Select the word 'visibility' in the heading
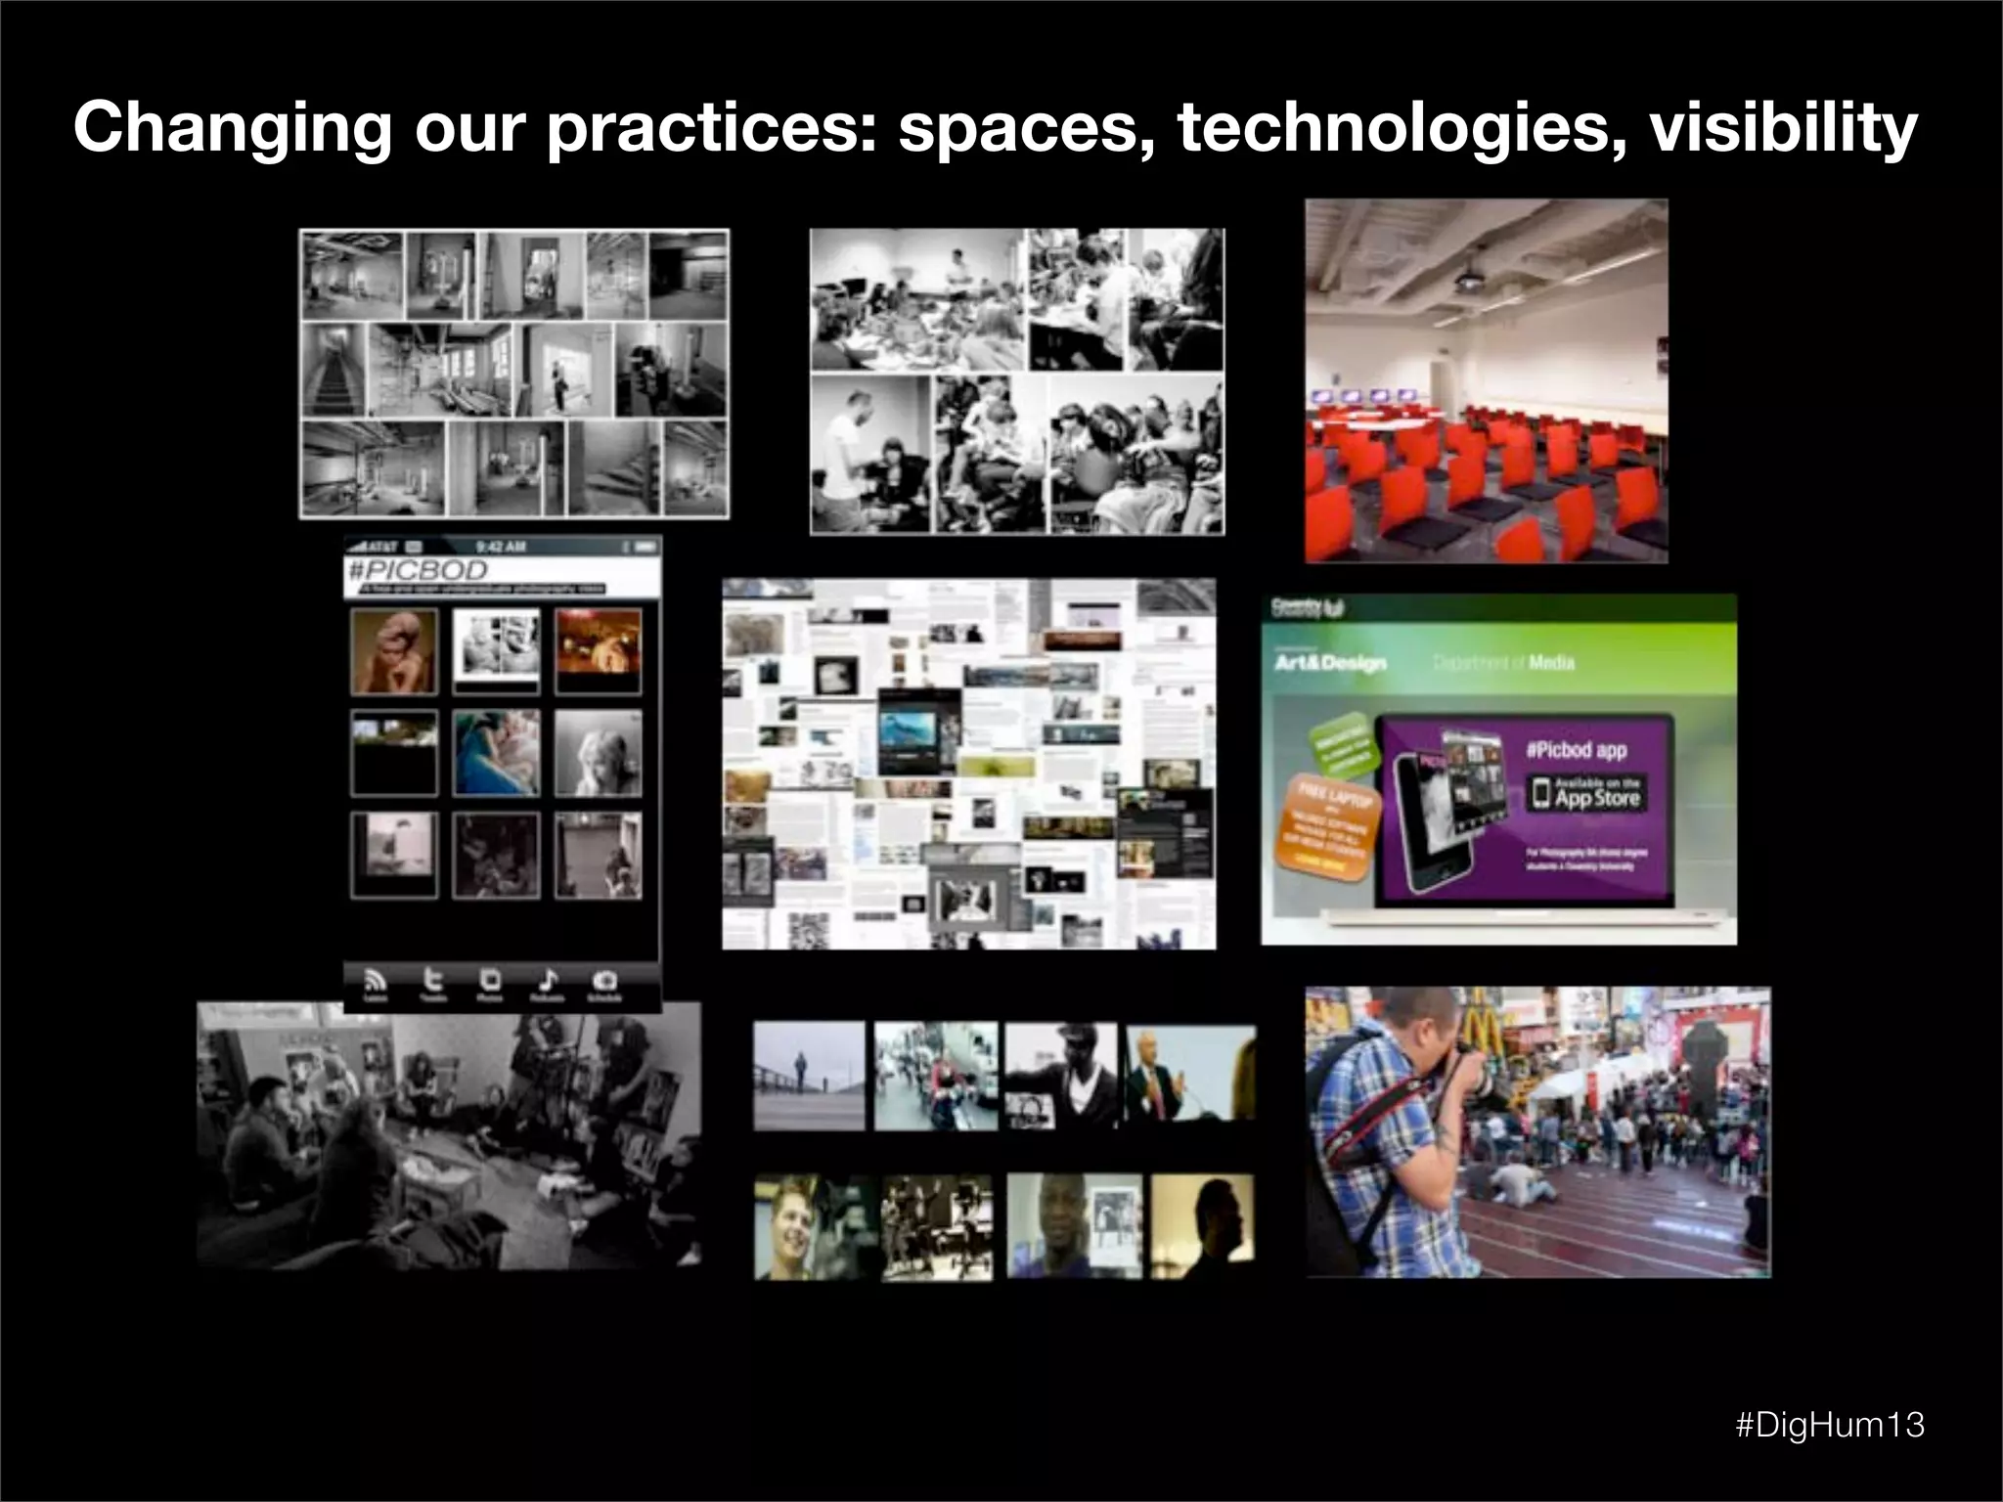(1783, 129)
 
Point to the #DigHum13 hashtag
(1829, 1425)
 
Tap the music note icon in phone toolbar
(548, 981)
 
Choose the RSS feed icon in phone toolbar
(376, 981)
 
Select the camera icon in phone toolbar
(604, 981)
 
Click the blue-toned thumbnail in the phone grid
(496, 753)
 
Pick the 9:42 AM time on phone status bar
(501, 546)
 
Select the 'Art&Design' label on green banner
(1330, 663)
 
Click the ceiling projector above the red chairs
(1470, 280)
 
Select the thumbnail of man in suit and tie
(1188, 1074)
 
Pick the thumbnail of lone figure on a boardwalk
(809, 1076)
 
